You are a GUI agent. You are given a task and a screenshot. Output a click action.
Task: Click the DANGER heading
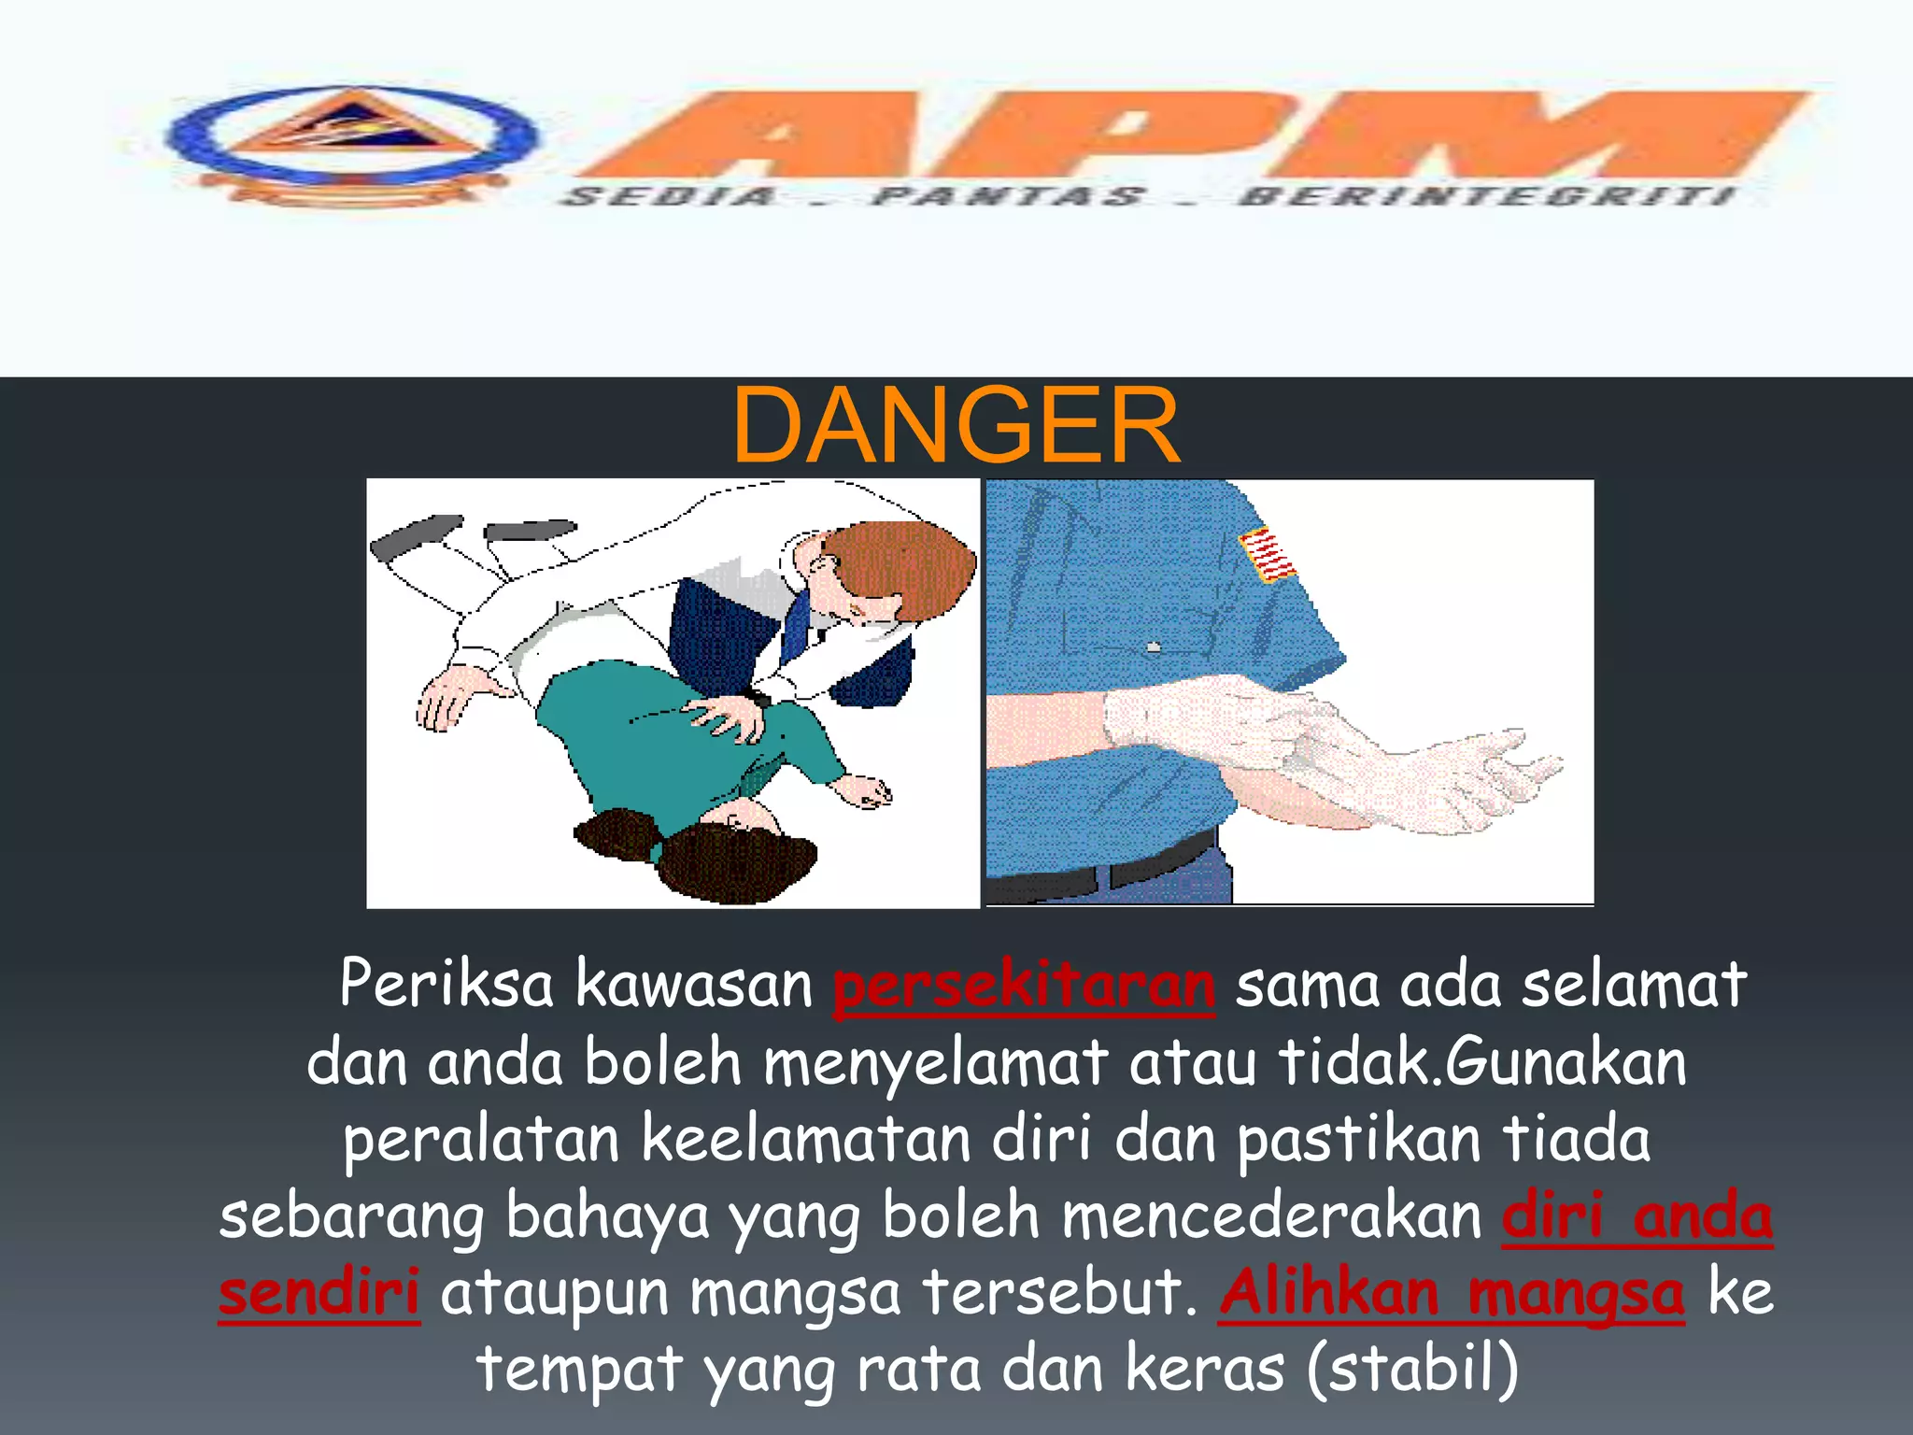(x=956, y=426)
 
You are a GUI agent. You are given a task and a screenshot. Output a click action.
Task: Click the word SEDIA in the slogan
(x=671, y=197)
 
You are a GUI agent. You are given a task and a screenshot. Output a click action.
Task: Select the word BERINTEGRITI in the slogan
(x=1485, y=197)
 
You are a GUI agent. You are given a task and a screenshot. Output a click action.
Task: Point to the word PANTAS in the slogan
(x=1009, y=197)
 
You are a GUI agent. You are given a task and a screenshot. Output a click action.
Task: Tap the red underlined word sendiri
(x=319, y=1294)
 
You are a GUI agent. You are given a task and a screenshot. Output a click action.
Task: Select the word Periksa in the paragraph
(x=446, y=985)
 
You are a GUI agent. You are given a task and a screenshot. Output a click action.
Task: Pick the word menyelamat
(x=935, y=1064)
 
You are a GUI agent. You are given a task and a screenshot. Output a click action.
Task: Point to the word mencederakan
(x=1271, y=1217)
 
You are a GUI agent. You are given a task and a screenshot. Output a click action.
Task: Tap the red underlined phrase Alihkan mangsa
(x=1452, y=1294)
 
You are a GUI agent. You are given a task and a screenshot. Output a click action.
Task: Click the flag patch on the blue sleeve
(x=1267, y=553)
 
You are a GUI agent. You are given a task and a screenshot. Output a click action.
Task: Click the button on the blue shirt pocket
(x=1154, y=646)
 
